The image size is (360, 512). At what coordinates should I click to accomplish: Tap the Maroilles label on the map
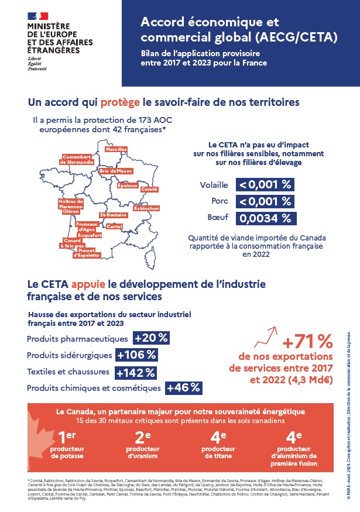(x=116, y=150)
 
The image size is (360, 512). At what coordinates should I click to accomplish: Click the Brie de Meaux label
(x=116, y=170)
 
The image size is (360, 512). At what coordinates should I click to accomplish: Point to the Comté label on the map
(x=149, y=190)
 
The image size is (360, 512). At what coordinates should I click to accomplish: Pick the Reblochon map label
(x=146, y=208)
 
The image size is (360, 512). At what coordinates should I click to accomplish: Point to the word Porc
(x=219, y=201)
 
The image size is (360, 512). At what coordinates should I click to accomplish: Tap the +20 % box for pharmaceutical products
(x=151, y=338)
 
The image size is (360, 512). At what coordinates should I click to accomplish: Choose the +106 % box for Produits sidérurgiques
(x=136, y=355)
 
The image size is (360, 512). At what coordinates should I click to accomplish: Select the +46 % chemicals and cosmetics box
(x=184, y=387)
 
